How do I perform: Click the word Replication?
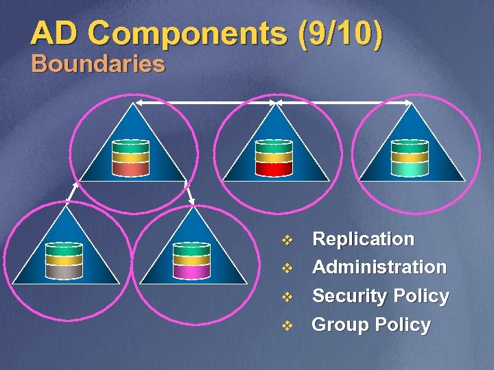click(363, 239)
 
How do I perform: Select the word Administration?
click(379, 267)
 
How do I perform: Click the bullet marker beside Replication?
click(287, 240)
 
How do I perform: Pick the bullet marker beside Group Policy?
click(287, 325)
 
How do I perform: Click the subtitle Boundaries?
click(98, 64)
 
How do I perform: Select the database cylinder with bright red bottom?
click(273, 158)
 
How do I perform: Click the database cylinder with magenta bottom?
click(191, 260)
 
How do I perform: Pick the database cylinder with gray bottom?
click(64, 260)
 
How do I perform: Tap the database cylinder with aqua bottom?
click(410, 158)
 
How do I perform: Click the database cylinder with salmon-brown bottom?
click(130, 158)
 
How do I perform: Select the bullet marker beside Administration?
click(287, 268)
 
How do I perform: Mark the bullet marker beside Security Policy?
click(287, 297)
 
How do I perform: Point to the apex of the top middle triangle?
click(274, 103)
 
